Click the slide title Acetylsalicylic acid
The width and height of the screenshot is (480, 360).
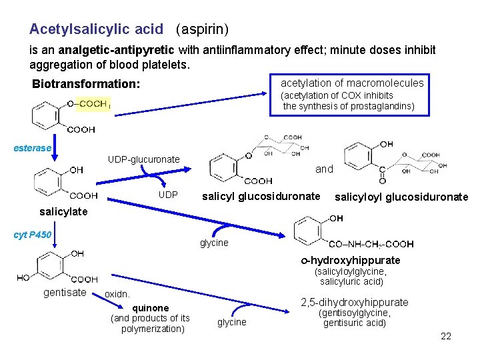click(96, 29)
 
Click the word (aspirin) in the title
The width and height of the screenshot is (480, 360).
click(202, 29)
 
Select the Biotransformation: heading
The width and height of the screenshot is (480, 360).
click(86, 85)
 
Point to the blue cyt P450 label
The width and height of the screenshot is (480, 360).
click(33, 235)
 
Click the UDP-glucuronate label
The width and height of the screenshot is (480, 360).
click(143, 159)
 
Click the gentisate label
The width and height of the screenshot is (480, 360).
click(64, 293)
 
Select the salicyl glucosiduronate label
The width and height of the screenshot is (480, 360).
click(261, 197)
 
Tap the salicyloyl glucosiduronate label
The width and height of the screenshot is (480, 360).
click(401, 197)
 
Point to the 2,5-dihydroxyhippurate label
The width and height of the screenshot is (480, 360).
click(355, 303)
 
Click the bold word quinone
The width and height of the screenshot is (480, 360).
click(150, 308)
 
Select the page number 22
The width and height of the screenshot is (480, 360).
click(446, 336)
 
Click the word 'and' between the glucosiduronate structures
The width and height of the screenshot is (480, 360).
click(324, 169)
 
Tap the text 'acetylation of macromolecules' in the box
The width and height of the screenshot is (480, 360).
click(351, 83)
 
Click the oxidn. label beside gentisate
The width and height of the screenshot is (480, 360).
click(117, 294)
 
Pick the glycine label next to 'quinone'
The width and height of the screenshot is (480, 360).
click(232, 322)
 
